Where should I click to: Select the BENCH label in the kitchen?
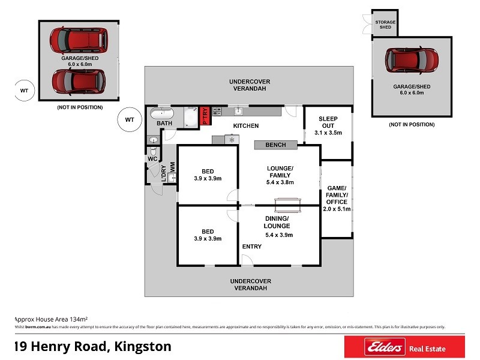tap(275, 145)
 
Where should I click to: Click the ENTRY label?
tap(251, 247)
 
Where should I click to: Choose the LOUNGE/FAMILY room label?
tap(280, 175)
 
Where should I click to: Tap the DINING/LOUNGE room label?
tap(277, 226)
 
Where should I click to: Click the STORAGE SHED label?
tap(385, 25)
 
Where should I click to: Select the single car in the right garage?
tap(412, 60)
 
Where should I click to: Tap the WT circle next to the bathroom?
tap(129, 119)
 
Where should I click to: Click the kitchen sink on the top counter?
tap(238, 111)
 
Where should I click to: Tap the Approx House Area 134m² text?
tap(51, 319)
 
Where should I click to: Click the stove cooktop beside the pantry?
tap(217, 111)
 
